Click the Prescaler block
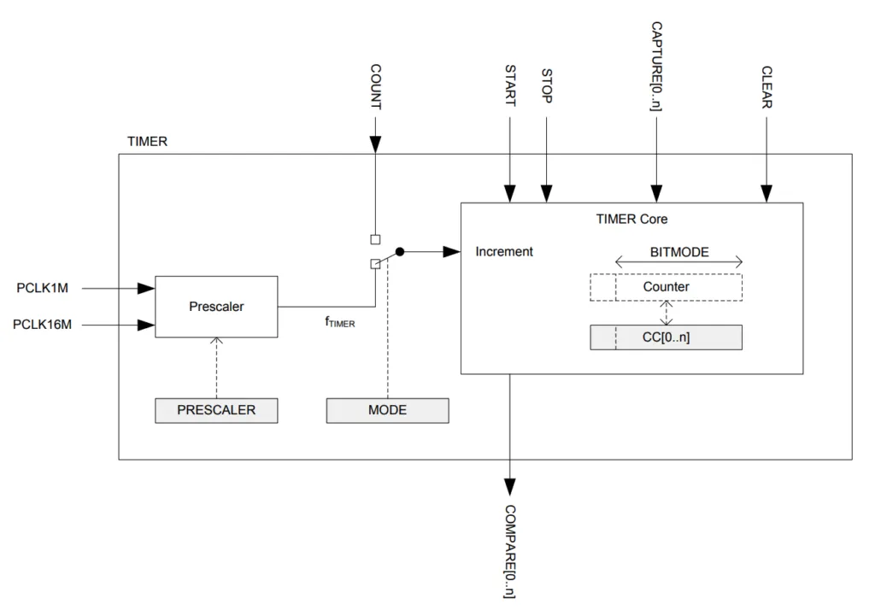click(x=216, y=306)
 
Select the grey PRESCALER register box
click(x=216, y=410)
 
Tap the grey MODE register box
click(x=387, y=410)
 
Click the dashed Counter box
click(x=666, y=287)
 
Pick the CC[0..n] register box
click(x=666, y=337)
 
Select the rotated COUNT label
click(x=375, y=86)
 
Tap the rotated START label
click(x=510, y=85)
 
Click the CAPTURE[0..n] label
click(x=656, y=66)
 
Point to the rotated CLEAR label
click(x=766, y=86)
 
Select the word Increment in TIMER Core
click(x=504, y=252)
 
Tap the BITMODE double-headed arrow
click(x=678, y=263)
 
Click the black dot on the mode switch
click(x=399, y=252)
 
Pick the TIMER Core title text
click(x=631, y=220)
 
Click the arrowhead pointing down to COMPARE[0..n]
click(x=510, y=487)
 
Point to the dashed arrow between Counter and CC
click(x=666, y=313)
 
